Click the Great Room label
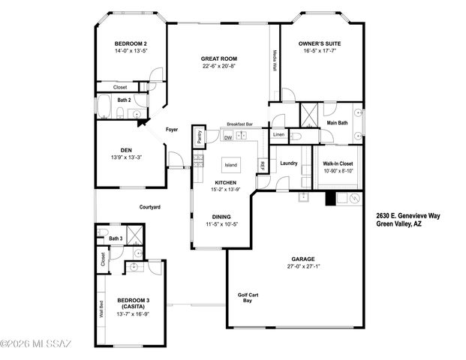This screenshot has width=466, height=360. click(x=219, y=58)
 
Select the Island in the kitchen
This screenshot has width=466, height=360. click(x=230, y=165)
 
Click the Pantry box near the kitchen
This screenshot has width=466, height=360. click(x=199, y=136)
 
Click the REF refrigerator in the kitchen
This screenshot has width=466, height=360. click(x=262, y=165)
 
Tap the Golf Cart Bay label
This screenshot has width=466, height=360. click(x=248, y=298)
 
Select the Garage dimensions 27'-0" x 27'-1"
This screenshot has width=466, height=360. click(x=303, y=265)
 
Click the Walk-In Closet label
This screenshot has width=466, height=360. click(x=338, y=163)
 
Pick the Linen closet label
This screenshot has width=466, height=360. click(x=278, y=135)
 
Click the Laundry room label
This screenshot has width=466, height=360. click(x=289, y=163)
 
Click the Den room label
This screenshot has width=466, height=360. click(x=125, y=150)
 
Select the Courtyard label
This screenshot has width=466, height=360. click(x=150, y=207)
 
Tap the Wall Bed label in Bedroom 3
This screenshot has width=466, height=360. click(x=101, y=309)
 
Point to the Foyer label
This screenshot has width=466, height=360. click(x=172, y=129)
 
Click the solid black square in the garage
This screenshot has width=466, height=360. click(x=329, y=199)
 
